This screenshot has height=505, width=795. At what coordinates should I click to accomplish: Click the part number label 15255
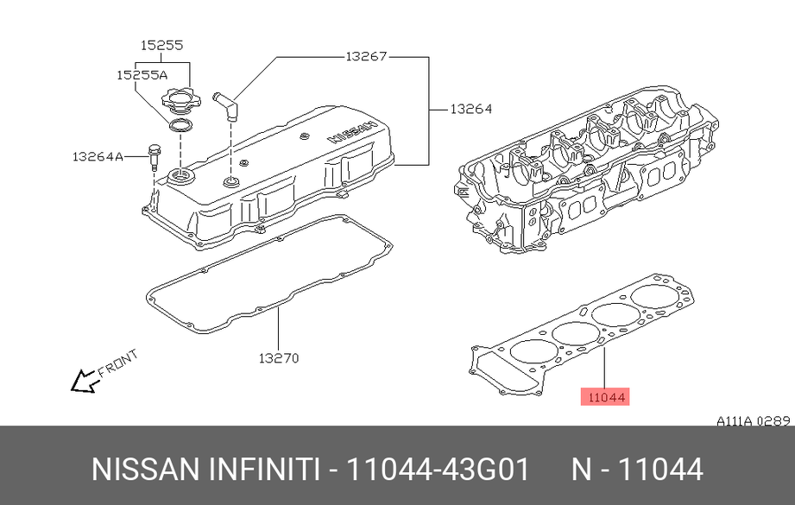(161, 45)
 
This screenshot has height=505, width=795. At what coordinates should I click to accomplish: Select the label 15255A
(142, 75)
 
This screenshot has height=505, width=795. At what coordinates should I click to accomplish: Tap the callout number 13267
(366, 56)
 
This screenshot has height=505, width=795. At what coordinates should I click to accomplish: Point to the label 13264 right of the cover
(471, 109)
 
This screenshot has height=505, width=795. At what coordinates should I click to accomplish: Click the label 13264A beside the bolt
(98, 156)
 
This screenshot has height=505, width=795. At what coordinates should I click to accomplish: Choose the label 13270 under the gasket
(279, 358)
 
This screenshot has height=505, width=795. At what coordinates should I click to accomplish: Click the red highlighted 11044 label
(605, 397)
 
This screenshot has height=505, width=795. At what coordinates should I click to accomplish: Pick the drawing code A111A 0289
(754, 421)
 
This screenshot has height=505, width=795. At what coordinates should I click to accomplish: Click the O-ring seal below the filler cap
(180, 124)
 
